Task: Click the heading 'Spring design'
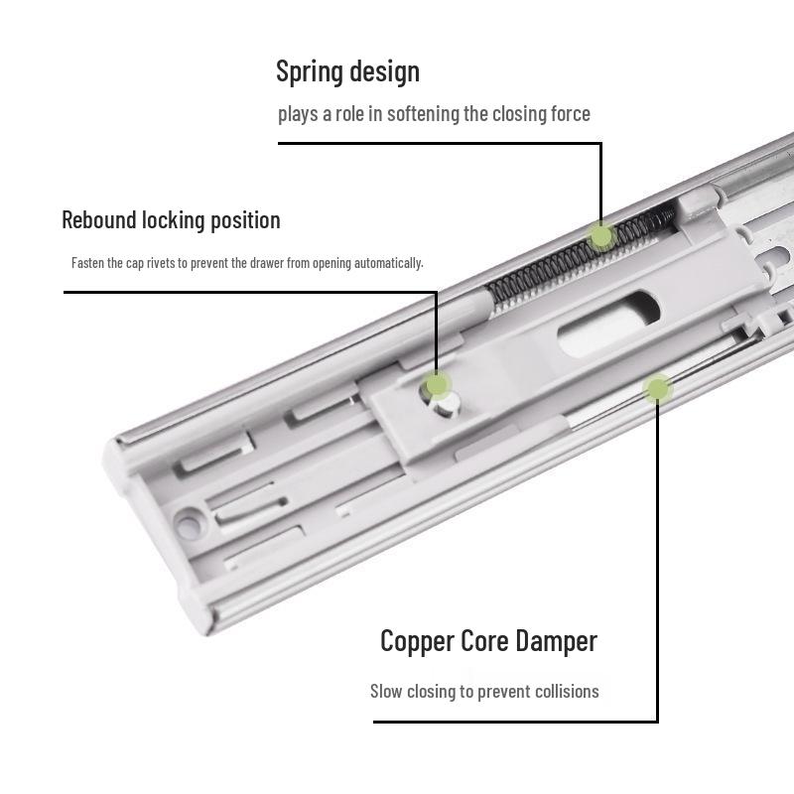(347, 71)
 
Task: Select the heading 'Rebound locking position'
(171, 219)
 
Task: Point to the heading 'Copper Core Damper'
(488, 641)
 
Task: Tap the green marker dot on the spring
(601, 236)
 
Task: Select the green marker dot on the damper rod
(656, 388)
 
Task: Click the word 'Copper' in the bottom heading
(417, 641)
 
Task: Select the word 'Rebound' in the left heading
(98, 219)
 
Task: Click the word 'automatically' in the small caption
(393, 263)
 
